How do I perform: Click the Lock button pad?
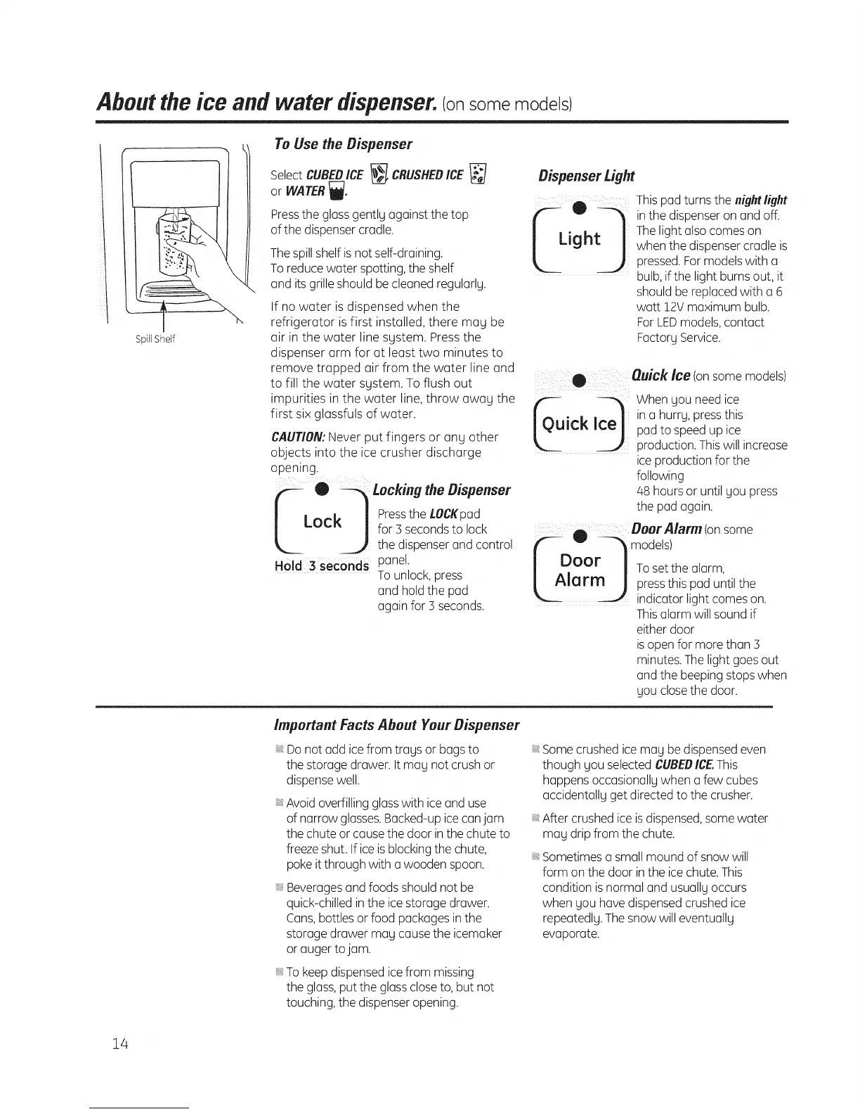click(x=322, y=522)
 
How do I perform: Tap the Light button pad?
click(x=579, y=239)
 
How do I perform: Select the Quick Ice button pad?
click(x=578, y=424)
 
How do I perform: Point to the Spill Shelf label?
click(x=155, y=339)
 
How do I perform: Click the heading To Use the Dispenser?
click(x=342, y=144)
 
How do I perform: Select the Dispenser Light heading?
click(x=586, y=176)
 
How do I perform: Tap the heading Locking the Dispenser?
click(x=441, y=489)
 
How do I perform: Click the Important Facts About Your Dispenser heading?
click(x=396, y=724)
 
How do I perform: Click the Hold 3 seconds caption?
click(x=321, y=567)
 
